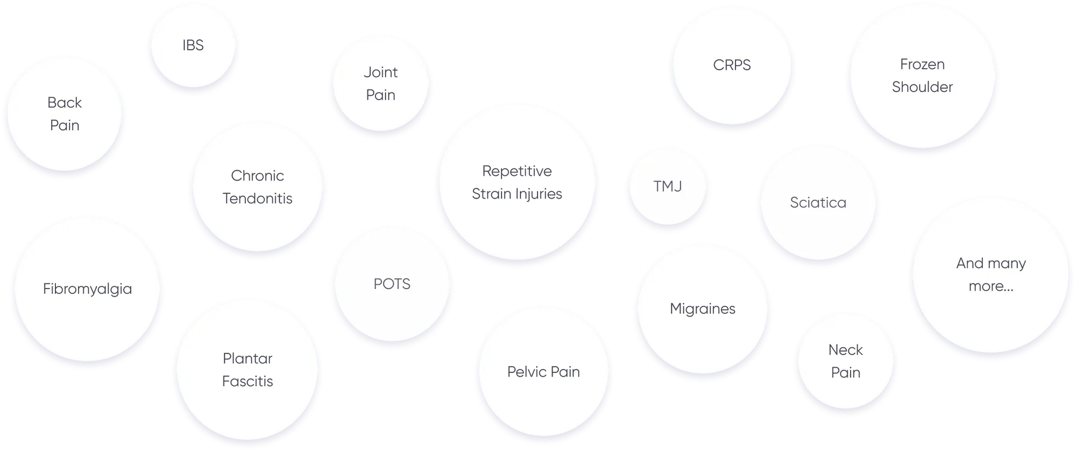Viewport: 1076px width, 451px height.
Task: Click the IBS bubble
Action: tap(193, 45)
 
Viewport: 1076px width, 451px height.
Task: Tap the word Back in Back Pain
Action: tap(65, 103)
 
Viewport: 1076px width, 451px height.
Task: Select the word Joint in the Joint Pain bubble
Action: tap(380, 72)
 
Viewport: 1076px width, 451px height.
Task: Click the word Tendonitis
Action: tap(257, 199)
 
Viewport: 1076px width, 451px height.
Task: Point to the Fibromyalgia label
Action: tap(87, 289)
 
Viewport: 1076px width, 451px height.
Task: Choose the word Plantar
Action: tap(247, 358)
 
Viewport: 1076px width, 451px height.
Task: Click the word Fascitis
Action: tap(247, 382)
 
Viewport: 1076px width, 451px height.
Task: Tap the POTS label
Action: tap(392, 284)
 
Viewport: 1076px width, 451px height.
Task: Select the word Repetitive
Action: tap(516, 171)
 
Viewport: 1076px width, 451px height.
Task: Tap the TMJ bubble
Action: tap(667, 187)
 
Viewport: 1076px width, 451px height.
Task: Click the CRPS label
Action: tap(732, 65)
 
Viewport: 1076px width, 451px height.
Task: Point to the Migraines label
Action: tap(702, 309)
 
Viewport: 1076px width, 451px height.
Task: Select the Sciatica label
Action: tap(818, 203)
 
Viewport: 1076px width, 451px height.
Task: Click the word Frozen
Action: tap(922, 65)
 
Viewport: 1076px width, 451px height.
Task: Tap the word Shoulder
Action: tap(922, 87)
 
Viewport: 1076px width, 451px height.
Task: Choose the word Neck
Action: tap(845, 350)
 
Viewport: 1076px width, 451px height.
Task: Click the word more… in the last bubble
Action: tap(990, 286)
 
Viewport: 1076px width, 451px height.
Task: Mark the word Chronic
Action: tap(257, 176)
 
